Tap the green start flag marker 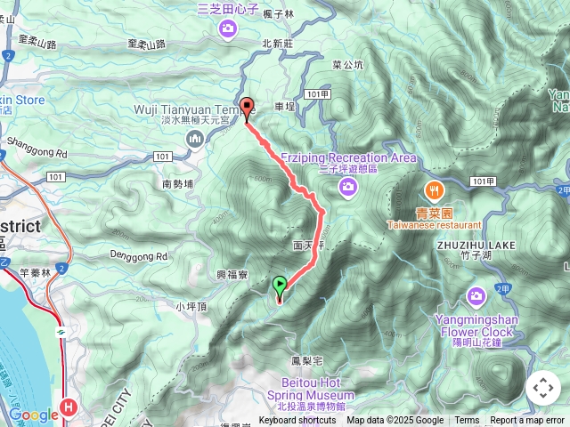[280, 286]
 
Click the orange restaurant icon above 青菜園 [434, 189]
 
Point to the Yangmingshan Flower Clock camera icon [476, 294]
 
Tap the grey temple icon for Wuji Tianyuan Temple [195, 136]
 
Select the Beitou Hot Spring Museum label [311, 389]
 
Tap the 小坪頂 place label [191, 307]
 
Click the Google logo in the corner [33, 415]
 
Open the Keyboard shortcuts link [297, 421]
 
